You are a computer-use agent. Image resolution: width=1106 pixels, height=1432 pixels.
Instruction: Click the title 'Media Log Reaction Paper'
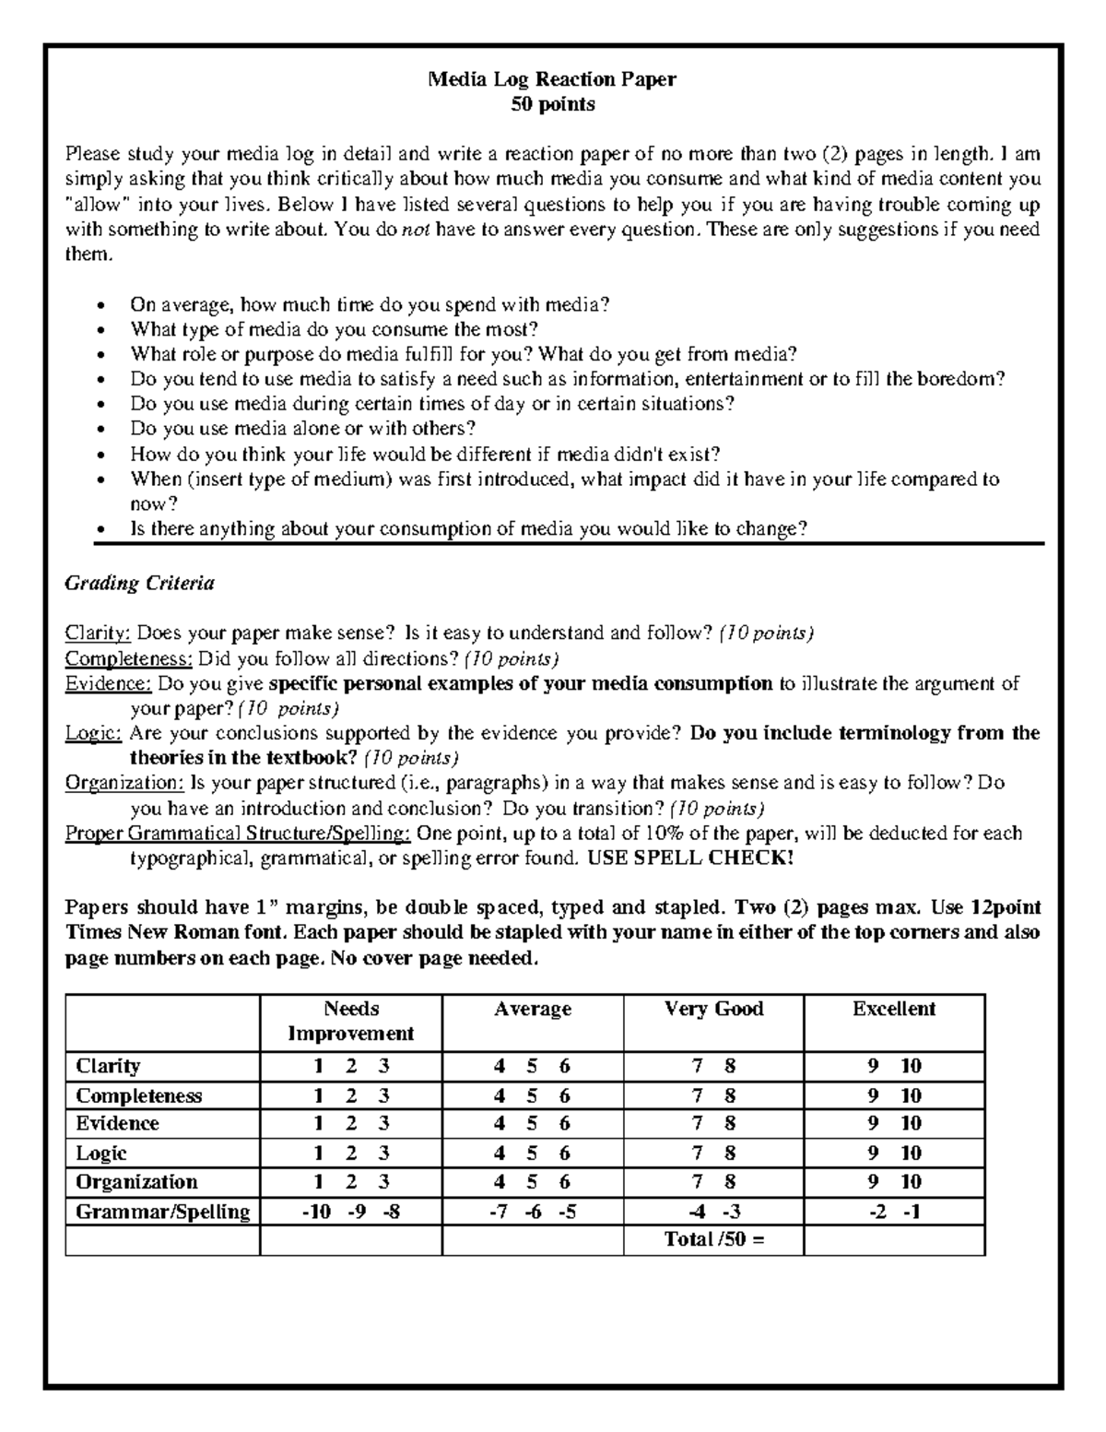point(552,79)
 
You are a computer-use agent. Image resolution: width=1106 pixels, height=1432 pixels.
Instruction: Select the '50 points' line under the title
point(553,104)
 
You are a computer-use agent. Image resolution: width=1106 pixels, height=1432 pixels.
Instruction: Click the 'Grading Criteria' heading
point(139,583)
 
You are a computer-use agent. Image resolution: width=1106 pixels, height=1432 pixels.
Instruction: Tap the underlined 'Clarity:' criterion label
point(98,633)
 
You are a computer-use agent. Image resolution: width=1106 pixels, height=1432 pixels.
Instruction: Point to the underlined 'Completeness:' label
point(128,658)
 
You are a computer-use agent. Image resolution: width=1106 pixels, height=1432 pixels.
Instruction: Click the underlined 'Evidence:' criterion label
point(108,683)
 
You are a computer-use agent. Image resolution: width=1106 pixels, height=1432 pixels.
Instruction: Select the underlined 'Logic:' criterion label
point(93,733)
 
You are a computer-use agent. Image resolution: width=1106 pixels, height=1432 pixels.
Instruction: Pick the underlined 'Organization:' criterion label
point(124,783)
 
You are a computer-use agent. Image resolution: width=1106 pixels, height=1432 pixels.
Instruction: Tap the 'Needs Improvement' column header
point(351,1021)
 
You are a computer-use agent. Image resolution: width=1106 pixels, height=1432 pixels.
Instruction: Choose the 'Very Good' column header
point(713,1009)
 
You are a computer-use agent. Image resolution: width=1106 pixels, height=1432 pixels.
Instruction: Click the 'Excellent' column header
point(894,1009)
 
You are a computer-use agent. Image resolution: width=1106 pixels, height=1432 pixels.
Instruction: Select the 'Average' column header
point(533,1009)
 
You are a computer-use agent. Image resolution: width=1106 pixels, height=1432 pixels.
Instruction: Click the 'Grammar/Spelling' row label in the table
point(162,1211)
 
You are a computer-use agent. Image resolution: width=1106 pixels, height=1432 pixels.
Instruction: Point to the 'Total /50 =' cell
point(714,1239)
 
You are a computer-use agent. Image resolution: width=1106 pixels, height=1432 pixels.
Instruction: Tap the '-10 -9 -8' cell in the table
point(351,1212)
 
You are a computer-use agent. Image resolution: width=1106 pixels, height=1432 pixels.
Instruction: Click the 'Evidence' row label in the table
point(117,1123)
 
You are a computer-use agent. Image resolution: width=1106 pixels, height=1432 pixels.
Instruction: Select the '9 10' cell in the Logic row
point(894,1153)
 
